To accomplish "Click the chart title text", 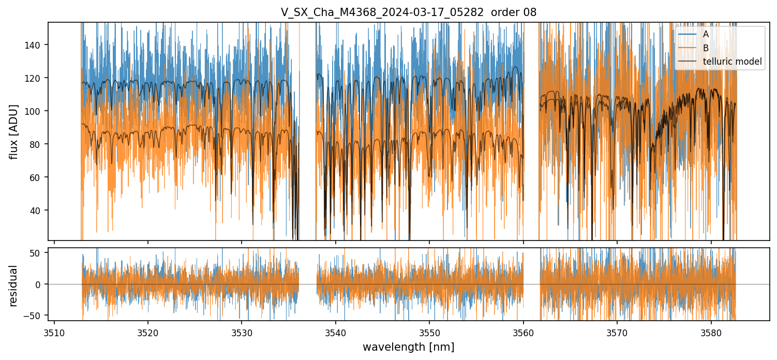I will coord(409,13).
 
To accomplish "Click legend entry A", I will coord(706,35).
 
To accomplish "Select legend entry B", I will coord(706,48).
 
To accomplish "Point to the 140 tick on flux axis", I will coord(37,45).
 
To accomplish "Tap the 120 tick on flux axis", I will coord(37,78).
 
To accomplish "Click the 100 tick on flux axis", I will coord(37,111).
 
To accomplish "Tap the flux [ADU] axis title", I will coord(14,131).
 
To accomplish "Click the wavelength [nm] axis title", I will coord(408,347).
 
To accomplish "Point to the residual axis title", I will coord(14,285).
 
